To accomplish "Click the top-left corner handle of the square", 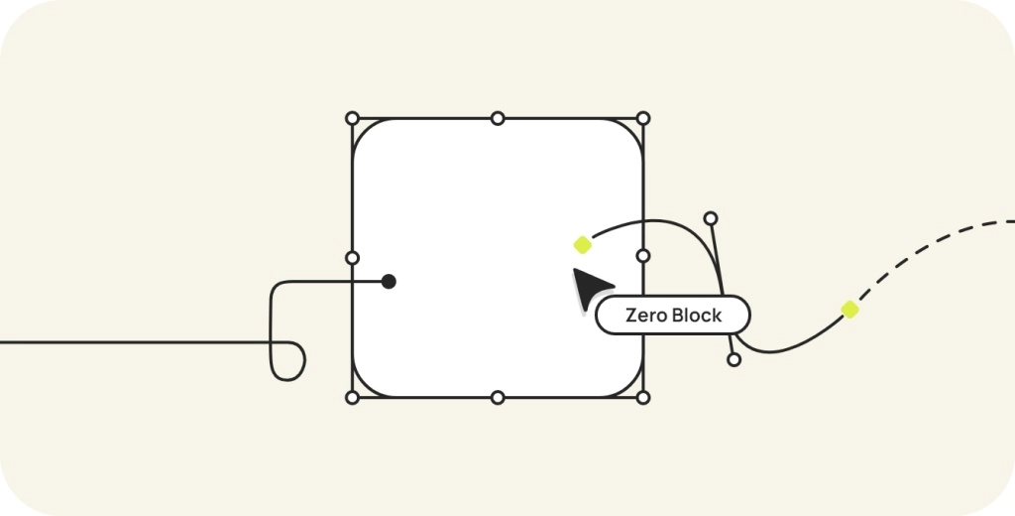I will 352,118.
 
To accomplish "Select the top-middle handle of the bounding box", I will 498,118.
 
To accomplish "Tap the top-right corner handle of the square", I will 643,118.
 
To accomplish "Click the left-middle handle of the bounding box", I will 352,258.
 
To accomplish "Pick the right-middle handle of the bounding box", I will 643,256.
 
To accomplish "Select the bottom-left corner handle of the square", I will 352,398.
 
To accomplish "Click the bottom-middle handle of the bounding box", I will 498,398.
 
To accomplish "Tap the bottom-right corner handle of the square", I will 643,398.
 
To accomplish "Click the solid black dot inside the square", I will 389,282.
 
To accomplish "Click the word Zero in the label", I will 646,317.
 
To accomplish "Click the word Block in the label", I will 698,317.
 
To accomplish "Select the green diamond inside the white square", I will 582,244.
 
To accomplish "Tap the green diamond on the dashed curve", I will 849,310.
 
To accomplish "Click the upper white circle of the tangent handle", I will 710,218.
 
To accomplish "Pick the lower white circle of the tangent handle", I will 733,359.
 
